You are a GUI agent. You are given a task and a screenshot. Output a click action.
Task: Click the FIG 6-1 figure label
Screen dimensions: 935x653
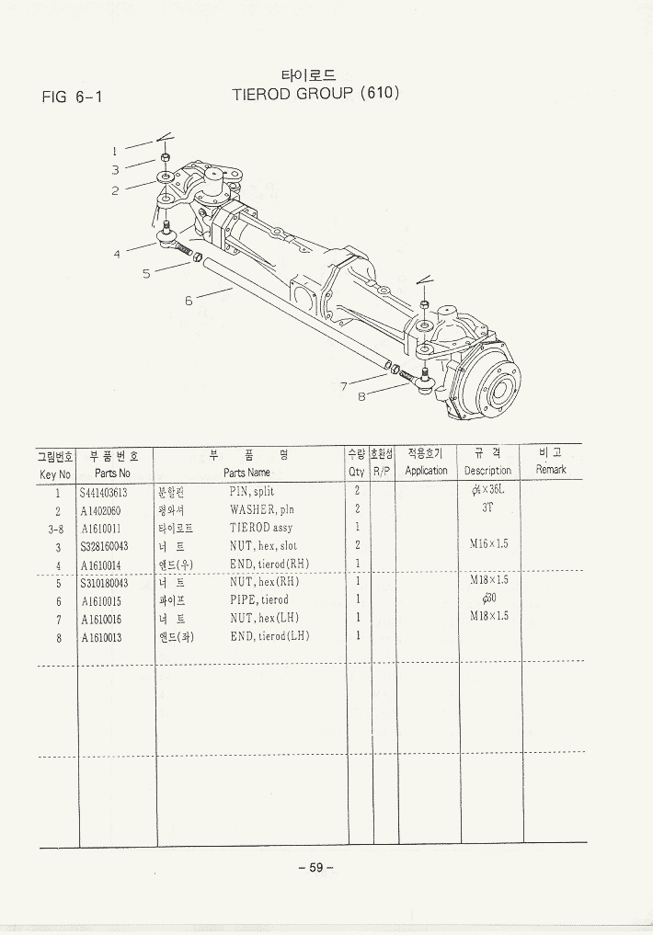tap(70, 96)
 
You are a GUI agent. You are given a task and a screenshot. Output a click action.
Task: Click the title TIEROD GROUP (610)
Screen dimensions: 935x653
tap(315, 93)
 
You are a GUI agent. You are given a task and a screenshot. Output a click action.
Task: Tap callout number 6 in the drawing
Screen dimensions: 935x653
tap(189, 300)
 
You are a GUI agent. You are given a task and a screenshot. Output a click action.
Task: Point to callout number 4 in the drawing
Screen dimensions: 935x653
tap(118, 254)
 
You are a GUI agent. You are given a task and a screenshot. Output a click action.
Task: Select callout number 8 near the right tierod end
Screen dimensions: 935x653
tap(361, 397)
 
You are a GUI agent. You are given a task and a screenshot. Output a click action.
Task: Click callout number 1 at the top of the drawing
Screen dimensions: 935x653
tap(115, 150)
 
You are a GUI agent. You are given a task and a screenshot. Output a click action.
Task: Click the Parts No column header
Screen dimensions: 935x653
tap(111, 472)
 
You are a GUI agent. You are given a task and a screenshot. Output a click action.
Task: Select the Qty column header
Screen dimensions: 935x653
tap(356, 472)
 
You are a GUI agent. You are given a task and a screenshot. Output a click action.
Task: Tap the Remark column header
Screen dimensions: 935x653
tap(551, 470)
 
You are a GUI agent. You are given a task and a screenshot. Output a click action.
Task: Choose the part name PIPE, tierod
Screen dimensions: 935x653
tap(258, 600)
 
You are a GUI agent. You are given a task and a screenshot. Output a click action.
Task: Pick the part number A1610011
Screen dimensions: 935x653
tap(101, 529)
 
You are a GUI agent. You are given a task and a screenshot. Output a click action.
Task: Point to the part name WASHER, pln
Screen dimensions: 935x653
tap(262, 510)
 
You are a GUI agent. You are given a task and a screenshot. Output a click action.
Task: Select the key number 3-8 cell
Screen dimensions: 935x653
tap(55, 529)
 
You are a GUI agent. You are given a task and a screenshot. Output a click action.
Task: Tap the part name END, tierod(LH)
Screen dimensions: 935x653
tap(269, 636)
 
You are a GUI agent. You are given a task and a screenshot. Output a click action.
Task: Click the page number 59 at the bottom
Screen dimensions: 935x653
tap(315, 868)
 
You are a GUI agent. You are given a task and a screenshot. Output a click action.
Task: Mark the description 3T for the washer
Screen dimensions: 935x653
tap(487, 508)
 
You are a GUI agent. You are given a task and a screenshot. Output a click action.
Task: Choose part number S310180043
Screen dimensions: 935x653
tap(104, 583)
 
